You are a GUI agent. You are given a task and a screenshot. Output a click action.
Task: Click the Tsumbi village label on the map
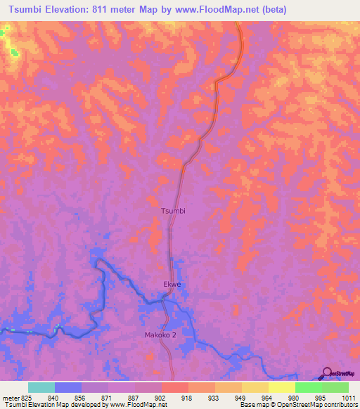173,210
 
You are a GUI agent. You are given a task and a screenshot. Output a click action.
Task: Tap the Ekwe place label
172,285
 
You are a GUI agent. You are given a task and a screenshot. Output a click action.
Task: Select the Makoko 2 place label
160,335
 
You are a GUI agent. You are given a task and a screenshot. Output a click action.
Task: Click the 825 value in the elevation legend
22,398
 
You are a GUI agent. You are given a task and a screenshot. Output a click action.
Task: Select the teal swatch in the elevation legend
41,387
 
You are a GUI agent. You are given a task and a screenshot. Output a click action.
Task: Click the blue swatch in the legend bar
68,387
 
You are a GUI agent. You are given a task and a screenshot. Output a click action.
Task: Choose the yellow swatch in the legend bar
281,387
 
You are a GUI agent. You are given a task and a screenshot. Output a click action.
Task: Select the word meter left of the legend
8,398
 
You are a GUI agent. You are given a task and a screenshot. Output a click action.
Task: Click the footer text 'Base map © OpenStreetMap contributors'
297,405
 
